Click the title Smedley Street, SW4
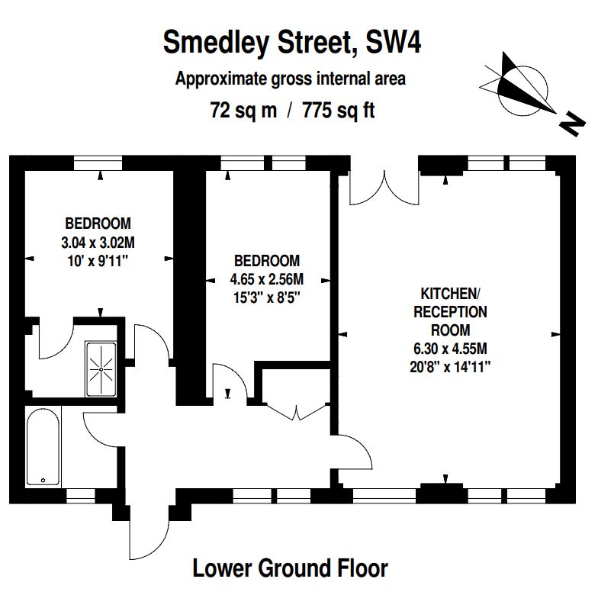pos(292,43)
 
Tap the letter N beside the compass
pos(572,124)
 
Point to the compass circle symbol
pos(522,90)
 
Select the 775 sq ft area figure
pos(339,111)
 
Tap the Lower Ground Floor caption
pos(290,568)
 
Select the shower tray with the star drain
pos(101,369)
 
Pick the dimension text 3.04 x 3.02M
pos(98,243)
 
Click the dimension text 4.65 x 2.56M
pos(267,279)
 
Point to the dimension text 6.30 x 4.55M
pos(450,348)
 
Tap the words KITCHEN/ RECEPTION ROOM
pos(450,311)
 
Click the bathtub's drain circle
pos(43,481)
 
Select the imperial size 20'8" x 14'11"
pos(450,367)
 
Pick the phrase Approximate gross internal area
pos(290,79)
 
